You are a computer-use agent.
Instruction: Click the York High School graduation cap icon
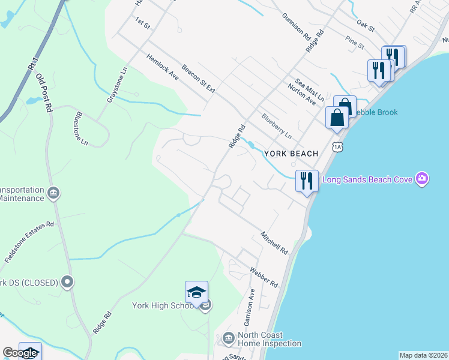[196, 293]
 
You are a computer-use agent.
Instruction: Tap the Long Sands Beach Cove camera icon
[423, 179]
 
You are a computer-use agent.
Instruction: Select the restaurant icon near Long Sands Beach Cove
[307, 181]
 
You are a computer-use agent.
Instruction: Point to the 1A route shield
[337, 146]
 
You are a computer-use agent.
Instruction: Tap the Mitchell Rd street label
[274, 241]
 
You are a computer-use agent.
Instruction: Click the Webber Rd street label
[265, 277]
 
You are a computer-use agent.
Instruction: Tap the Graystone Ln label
[118, 84]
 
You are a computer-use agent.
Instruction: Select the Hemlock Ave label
[163, 67]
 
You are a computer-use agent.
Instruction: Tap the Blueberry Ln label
[276, 126]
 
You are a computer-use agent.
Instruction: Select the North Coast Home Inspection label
[269, 340]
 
